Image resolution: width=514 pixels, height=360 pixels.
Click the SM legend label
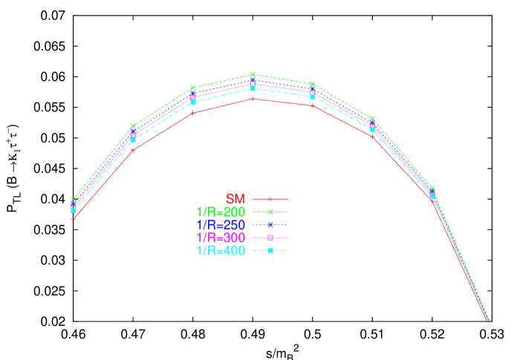click(235, 199)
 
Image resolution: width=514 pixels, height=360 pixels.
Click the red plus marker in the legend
click(270, 199)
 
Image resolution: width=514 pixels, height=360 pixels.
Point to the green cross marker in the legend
click(270, 212)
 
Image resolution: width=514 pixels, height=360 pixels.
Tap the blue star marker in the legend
click(270, 225)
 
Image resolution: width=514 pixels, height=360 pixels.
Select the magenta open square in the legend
click(270, 238)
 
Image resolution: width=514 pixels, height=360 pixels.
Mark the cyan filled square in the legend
click(270, 251)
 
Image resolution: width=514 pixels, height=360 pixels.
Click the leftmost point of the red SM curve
click(73, 219)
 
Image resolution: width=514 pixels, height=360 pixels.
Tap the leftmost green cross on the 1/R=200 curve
click(73, 200)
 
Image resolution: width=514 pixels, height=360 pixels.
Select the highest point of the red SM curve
click(253, 99)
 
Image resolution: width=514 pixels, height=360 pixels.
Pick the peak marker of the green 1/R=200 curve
click(253, 74)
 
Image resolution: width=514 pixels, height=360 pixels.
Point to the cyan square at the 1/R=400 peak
click(253, 89)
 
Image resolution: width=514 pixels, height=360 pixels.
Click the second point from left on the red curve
click(133, 149)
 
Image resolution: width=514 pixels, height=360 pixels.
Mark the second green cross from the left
click(133, 126)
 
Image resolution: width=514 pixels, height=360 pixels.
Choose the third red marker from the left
click(192, 113)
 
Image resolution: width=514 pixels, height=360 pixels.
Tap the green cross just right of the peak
click(312, 84)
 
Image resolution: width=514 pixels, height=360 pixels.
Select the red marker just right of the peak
click(312, 106)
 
